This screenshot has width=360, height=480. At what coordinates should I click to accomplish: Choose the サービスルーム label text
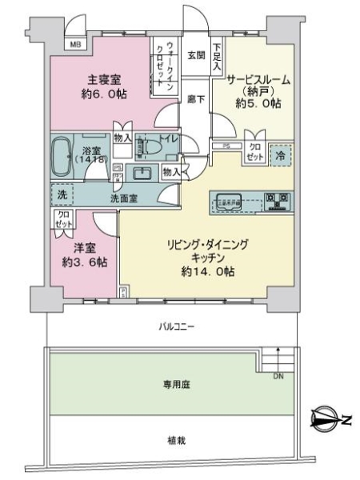tap(258, 80)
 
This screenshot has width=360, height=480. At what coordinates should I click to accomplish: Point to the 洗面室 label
tap(122, 198)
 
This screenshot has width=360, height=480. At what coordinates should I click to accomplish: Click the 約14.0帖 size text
tap(207, 272)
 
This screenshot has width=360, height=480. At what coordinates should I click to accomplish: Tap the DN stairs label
tap(278, 376)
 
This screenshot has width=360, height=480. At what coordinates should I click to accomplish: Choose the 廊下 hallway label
tap(196, 98)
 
